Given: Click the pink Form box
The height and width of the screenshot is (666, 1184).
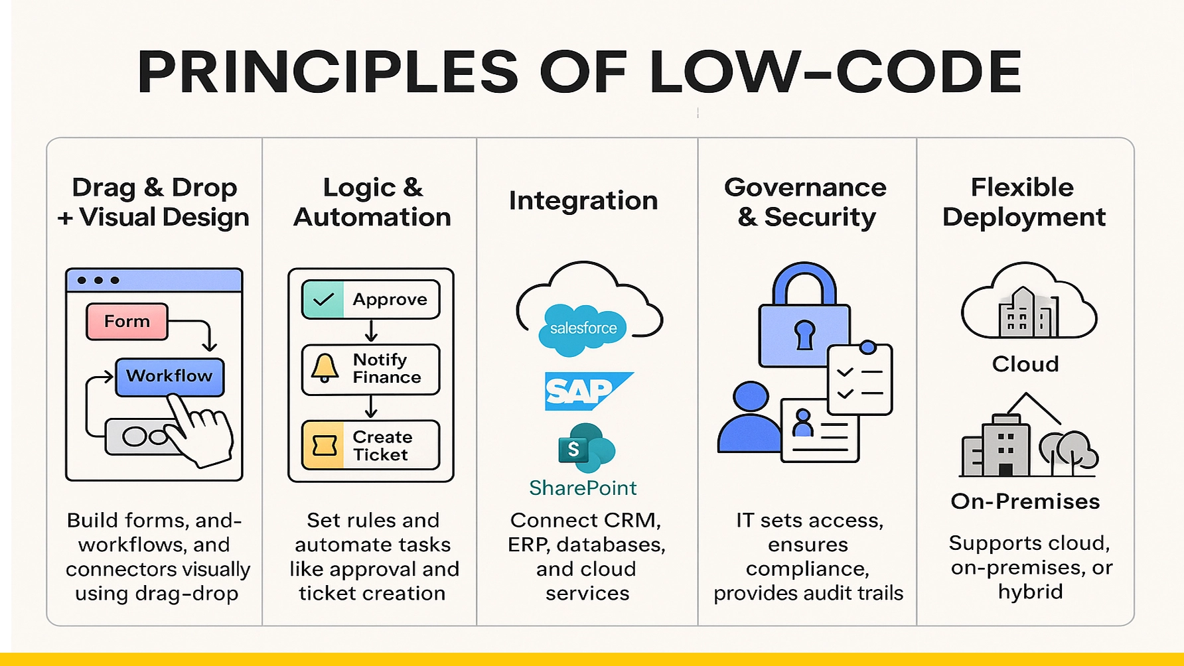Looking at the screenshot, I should point(127,322).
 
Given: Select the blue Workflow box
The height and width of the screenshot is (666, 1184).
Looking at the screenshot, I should point(169,376).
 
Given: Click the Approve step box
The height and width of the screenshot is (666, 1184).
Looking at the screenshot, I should point(370,299).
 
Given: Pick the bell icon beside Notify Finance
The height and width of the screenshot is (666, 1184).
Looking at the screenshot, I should point(325,368).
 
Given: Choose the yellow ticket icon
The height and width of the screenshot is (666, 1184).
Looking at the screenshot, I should point(324,445).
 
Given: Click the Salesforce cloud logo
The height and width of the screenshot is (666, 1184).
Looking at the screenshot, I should point(583,328).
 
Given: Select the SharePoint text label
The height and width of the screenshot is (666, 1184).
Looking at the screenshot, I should point(583,488).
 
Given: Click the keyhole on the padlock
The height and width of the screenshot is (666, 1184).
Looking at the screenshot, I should point(804,334).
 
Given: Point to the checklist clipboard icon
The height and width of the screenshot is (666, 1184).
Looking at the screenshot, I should point(860,379).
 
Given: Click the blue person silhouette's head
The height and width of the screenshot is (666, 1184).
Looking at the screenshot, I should point(750,397).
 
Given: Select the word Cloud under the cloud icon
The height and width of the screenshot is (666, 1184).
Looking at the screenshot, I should point(1025,364).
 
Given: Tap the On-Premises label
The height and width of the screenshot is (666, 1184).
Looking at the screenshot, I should point(1025,501).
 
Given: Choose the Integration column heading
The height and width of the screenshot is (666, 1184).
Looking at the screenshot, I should point(583,201).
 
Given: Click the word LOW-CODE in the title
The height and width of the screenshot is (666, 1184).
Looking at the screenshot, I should point(835,72).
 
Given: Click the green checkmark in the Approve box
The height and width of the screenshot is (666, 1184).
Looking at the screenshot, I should point(323,299).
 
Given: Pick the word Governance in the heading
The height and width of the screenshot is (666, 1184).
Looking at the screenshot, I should point(805,188).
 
